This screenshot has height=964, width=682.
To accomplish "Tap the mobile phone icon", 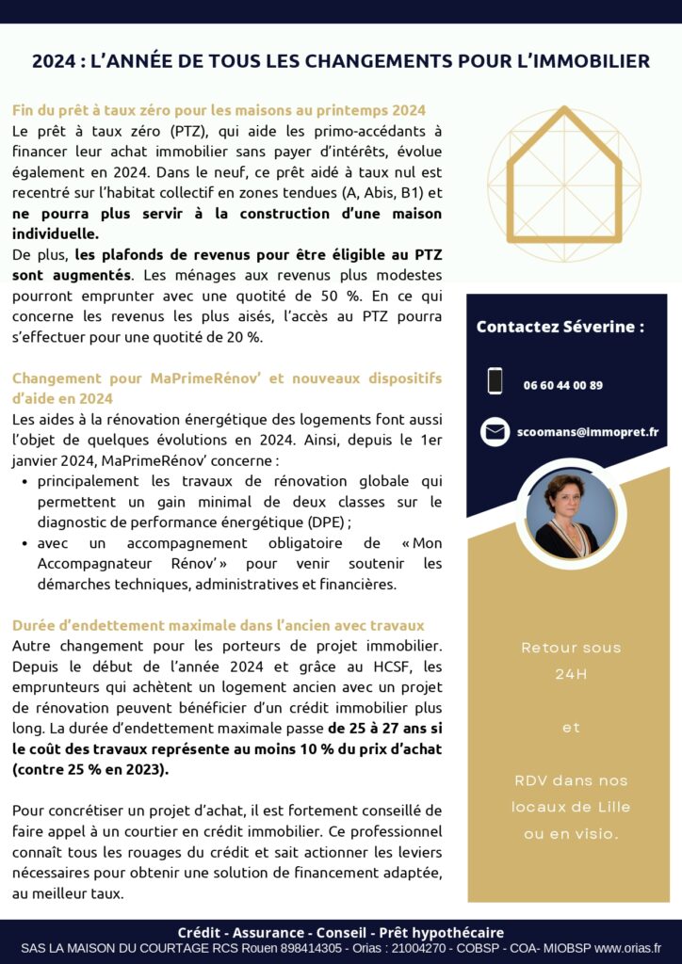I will (x=495, y=381).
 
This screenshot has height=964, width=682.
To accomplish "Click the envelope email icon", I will (x=495, y=431).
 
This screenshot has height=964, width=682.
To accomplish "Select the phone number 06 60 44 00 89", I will (x=563, y=385).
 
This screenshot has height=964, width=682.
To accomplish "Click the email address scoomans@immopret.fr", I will (x=588, y=432).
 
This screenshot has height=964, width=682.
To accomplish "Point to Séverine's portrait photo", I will (x=566, y=514).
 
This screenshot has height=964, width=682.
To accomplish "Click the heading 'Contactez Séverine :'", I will (x=560, y=327).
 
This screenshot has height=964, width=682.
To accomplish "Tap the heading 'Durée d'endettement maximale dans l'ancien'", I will (x=219, y=625).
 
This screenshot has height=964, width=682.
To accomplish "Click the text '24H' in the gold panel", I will (x=571, y=674).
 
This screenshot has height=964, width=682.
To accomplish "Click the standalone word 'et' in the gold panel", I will (x=571, y=728).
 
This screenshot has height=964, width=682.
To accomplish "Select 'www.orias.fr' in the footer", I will (x=627, y=948).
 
